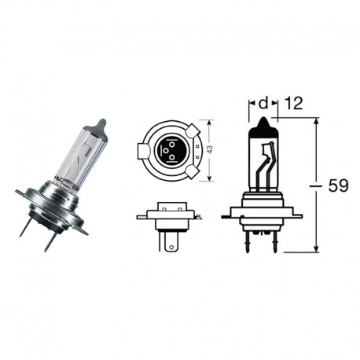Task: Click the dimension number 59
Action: click(338, 186)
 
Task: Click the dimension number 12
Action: click(293, 102)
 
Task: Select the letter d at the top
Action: click(264, 102)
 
